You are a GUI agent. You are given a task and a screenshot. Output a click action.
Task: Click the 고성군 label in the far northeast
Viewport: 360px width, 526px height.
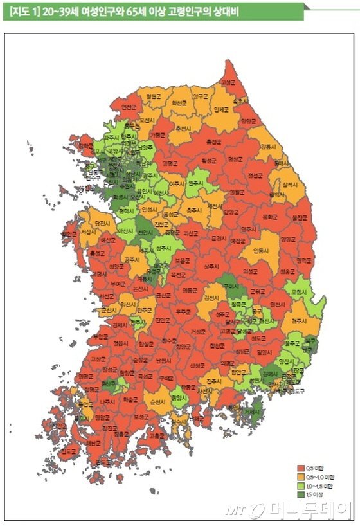[228, 82]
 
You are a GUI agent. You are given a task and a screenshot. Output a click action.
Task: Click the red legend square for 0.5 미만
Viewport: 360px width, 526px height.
[300, 467]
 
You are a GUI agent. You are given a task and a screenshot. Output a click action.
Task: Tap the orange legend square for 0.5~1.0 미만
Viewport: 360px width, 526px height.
[300, 476]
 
